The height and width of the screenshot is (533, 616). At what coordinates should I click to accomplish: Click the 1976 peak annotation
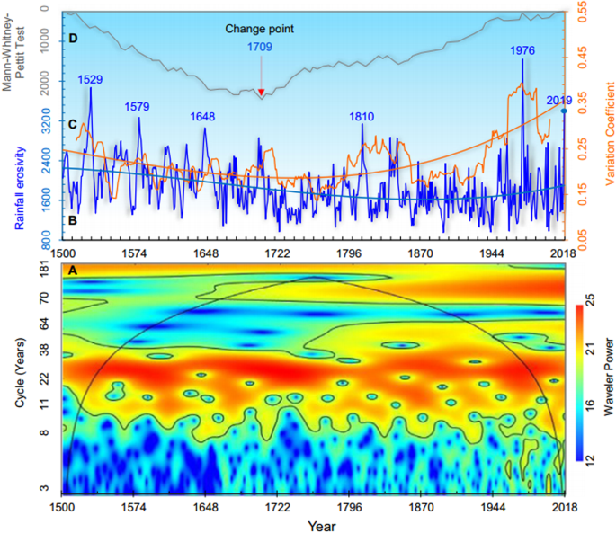pos(523,51)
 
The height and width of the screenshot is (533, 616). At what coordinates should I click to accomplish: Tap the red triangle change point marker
pos(261,93)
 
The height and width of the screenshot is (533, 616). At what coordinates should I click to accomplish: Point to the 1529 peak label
pos(90,79)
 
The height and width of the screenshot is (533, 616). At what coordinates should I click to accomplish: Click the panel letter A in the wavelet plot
pos(72,270)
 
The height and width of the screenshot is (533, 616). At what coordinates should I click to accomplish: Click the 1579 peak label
pos(137,106)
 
